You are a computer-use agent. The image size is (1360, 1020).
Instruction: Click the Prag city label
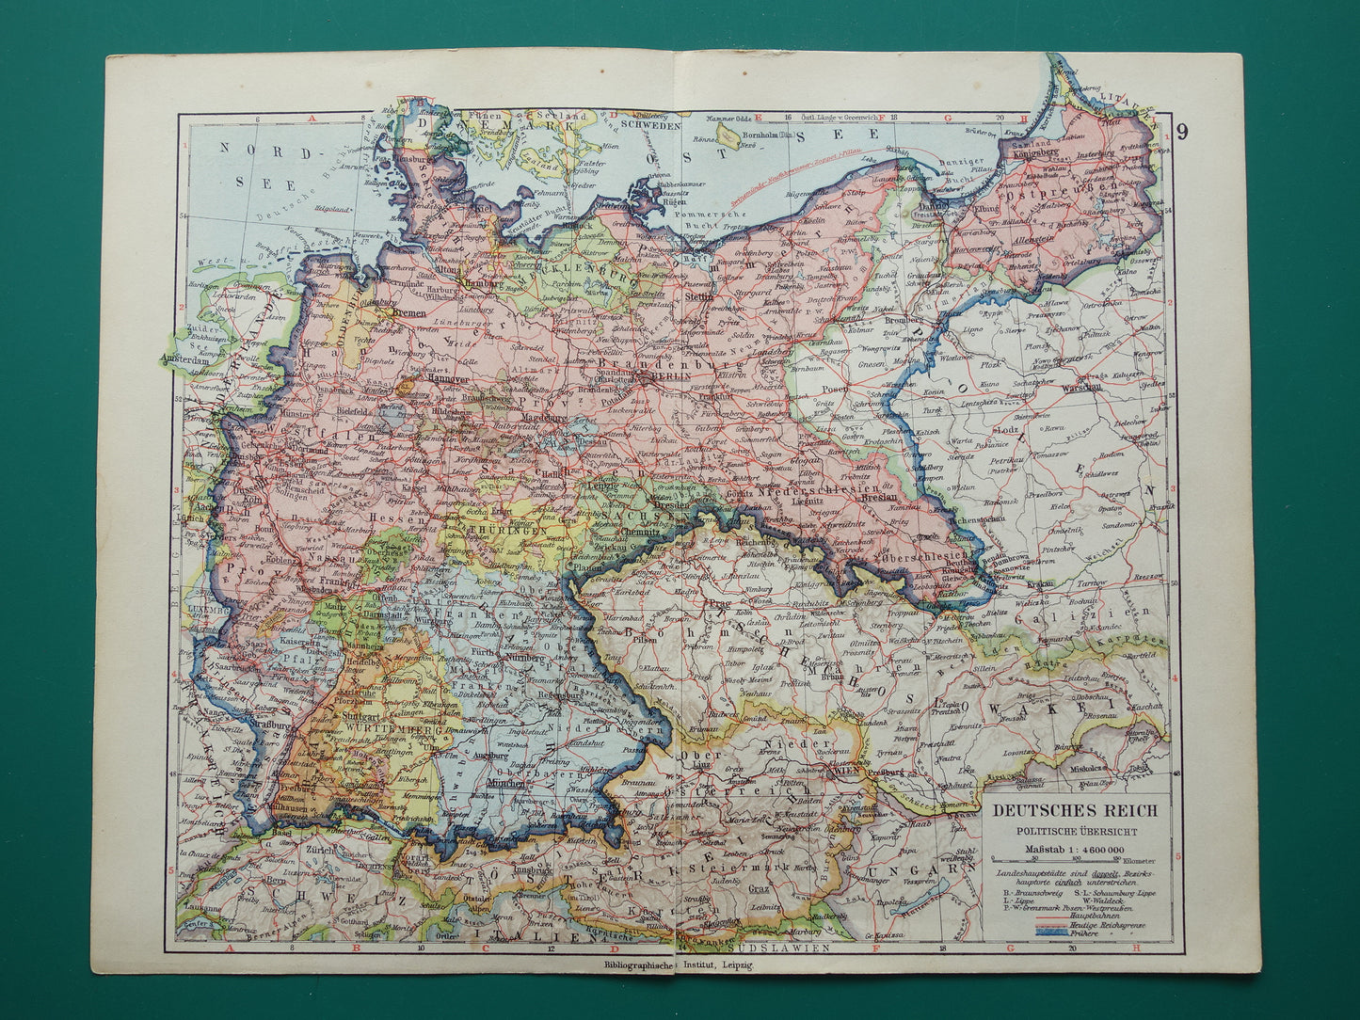724,602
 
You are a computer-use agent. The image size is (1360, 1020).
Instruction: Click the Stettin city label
726,296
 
